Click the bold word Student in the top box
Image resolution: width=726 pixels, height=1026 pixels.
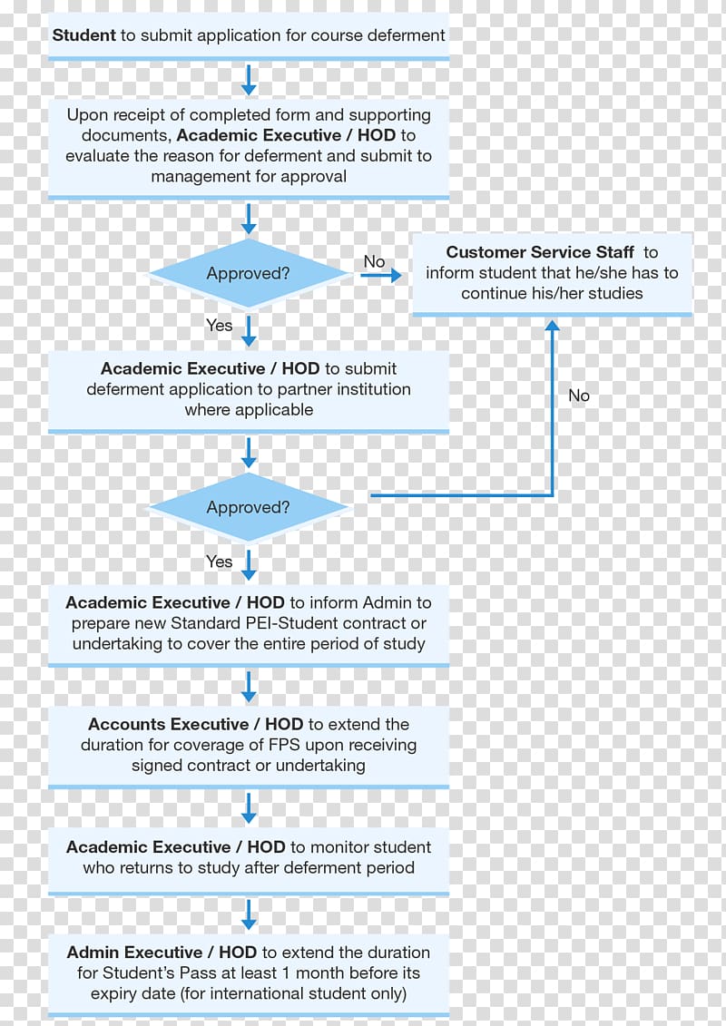pos(83,35)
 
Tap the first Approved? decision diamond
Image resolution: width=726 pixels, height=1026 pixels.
pos(248,274)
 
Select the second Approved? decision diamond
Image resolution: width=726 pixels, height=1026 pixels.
pos(248,507)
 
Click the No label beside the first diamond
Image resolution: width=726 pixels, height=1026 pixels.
pos(375,262)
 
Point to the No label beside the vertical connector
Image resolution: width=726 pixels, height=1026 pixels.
pos(579,396)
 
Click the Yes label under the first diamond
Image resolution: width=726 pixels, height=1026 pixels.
pos(220,325)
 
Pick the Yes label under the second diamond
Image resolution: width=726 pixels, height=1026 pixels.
pos(220,562)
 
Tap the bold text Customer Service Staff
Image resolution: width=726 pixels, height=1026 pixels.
pos(540,252)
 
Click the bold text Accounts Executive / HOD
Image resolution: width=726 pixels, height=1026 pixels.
pos(196,724)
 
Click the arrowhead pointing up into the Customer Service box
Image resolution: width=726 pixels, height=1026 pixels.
pos(553,325)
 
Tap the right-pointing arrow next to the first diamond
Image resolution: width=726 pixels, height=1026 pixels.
pos(380,276)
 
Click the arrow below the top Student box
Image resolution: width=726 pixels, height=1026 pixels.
pos(249,79)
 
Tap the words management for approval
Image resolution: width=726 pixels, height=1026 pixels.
pos(249,177)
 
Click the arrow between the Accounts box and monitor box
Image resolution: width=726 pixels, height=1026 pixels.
pos(249,808)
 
